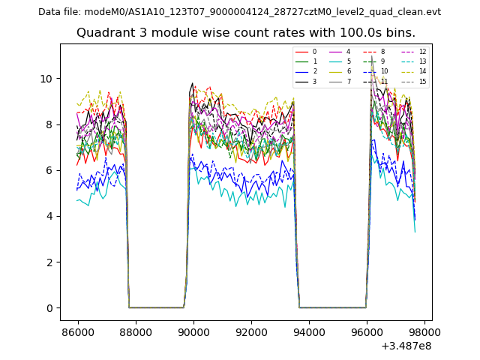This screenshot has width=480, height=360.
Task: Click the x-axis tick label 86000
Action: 77,331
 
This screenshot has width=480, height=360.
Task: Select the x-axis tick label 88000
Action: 135,331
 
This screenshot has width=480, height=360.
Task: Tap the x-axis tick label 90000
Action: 193,331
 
